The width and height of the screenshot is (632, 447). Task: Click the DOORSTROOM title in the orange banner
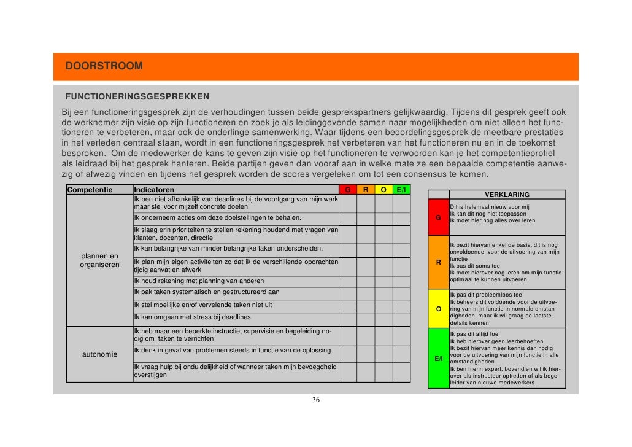coord(104,66)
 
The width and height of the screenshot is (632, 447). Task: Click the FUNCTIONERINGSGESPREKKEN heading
coord(137,97)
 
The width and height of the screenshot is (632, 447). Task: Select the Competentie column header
coord(90,190)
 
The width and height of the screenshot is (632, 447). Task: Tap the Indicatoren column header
coord(154,190)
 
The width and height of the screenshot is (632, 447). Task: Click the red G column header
coord(347,190)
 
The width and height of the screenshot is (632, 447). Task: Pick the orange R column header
coord(366,190)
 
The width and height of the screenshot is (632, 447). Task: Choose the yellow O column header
coord(383,190)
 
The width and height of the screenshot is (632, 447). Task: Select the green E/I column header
coord(401,190)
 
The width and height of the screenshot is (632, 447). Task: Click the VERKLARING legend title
coord(507,195)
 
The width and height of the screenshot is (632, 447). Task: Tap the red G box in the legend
coord(438,217)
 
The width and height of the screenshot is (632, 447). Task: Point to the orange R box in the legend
coord(438,262)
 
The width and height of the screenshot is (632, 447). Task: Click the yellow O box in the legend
coord(438,308)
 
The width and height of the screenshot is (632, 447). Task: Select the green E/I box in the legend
coord(438,359)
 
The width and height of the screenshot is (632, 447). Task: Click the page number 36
coord(315,400)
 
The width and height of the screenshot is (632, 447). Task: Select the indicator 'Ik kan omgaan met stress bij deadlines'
coord(192,317)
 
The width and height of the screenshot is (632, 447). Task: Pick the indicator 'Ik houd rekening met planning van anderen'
coord(195,281)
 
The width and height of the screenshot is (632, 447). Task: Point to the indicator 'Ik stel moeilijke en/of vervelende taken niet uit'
coord(203,305)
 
